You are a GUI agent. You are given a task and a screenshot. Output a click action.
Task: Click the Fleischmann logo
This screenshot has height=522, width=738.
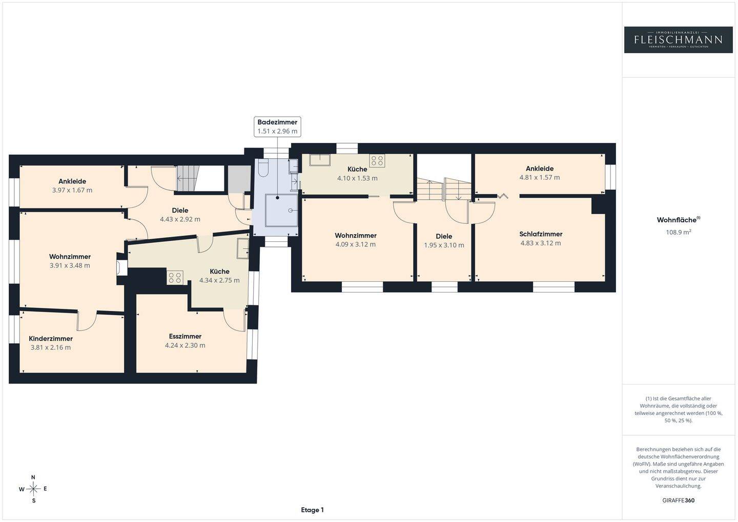point(679,40)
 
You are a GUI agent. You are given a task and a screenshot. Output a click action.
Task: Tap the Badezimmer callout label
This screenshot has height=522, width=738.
point(277,127)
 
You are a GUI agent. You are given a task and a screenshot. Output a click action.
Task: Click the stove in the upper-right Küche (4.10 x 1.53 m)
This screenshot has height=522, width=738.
point(377,161)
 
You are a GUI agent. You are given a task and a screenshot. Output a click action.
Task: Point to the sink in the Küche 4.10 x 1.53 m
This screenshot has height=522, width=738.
point(320,160)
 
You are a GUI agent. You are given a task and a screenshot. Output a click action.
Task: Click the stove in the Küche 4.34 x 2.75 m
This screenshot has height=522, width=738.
point(175,277)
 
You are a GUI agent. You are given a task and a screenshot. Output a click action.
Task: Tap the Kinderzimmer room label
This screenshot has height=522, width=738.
point(51,339)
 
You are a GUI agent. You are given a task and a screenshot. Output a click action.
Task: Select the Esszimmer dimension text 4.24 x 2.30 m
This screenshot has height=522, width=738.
point(185,345)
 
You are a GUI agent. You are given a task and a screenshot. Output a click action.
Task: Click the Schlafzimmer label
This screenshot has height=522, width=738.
point(541,234)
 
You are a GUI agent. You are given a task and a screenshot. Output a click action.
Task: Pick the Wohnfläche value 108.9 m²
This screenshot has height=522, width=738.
point(679,232)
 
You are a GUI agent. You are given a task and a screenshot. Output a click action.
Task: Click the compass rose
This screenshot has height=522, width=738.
point(33,489)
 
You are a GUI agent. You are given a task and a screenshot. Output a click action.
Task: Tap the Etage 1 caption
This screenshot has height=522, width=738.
point(312,510)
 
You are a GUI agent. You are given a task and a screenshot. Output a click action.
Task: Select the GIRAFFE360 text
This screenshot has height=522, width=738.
point(679,500)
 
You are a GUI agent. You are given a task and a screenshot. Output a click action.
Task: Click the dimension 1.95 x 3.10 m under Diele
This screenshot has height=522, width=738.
point(444,245)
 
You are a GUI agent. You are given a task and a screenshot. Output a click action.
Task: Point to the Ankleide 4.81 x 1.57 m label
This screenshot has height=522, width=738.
point(540,173)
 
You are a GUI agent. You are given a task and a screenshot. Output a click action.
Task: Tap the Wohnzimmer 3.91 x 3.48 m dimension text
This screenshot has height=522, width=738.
point(70,265)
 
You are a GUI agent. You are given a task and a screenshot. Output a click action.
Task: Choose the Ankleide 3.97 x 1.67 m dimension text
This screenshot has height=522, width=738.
point(72,190)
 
